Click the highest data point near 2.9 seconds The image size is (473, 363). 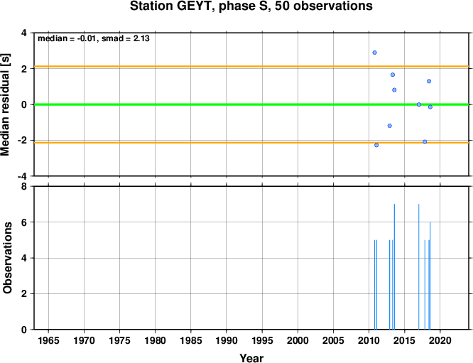click(x=375, y=53)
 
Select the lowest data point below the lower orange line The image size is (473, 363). click(x=376, y=145)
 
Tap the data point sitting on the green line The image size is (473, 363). click(x=419, y=104)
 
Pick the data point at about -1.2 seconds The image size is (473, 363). click(x=389, y=126)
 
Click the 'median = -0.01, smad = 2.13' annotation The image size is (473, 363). click(x=94, y=38)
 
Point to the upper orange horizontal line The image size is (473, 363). click(x=251, y=66)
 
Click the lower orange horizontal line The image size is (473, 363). click(x=251, y=142)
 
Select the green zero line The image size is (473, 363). click(x=251, y=104)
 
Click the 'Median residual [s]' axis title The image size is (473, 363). click(x=6, y=104)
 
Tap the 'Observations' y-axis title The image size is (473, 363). click(x=7, y=258)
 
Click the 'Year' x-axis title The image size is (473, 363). click(x=251, y=358)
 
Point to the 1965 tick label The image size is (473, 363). click(x=48, y=341)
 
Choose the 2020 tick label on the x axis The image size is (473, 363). click(x=440, y=341)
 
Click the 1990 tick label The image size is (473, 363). click(x=227, y=341)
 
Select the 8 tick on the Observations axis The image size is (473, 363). click(x=24, y=187)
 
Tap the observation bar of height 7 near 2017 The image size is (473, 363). click(x=419, y=266)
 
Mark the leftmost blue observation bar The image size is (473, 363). click(x=375, y=285)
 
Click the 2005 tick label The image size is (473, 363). click(x=333, y=341)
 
